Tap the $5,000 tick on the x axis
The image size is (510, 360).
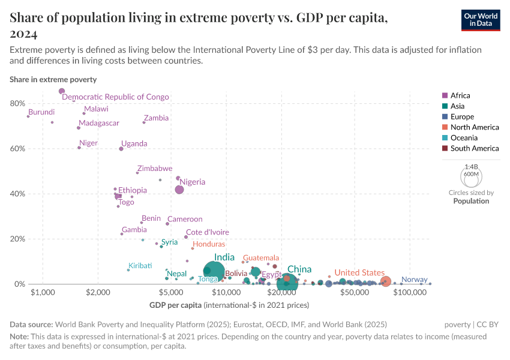tap(172, 292)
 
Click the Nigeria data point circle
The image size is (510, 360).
tap(179, 190)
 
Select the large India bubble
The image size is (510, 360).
tap(214, 272)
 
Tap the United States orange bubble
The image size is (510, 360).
tap(386, 281)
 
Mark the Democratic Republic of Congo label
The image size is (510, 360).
tap(115, 97)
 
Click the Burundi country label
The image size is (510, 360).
tap(41, 112)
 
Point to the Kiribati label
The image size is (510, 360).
tap(140, 266)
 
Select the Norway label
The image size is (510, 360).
tap(414, 280)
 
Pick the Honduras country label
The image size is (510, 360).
tap(209, 244)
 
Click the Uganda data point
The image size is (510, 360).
tap(121, 149)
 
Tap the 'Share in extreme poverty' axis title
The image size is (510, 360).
tap(53, 79)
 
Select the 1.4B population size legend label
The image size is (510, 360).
tap(471, 166)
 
